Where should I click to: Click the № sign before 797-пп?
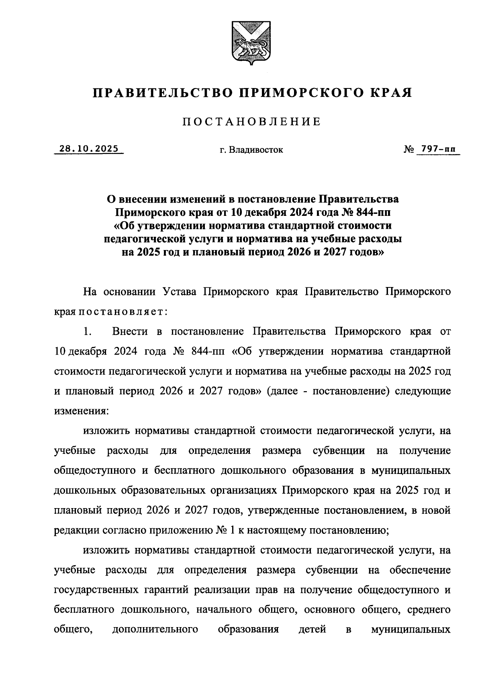click(408, 150)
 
